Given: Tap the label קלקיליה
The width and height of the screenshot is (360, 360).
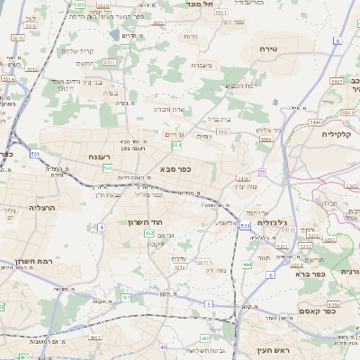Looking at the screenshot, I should (340, 133).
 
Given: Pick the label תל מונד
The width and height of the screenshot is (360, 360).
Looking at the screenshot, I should (200, 4).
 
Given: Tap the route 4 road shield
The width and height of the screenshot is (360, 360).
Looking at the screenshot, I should (102, 228).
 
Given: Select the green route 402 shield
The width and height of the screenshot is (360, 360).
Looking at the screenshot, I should (148, 234).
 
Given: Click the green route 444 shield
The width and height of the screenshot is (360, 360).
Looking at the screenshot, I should (247, 265).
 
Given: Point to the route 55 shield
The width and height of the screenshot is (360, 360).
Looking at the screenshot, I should (262, 171).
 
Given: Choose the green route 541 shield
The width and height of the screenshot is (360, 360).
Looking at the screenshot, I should (107, 168).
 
